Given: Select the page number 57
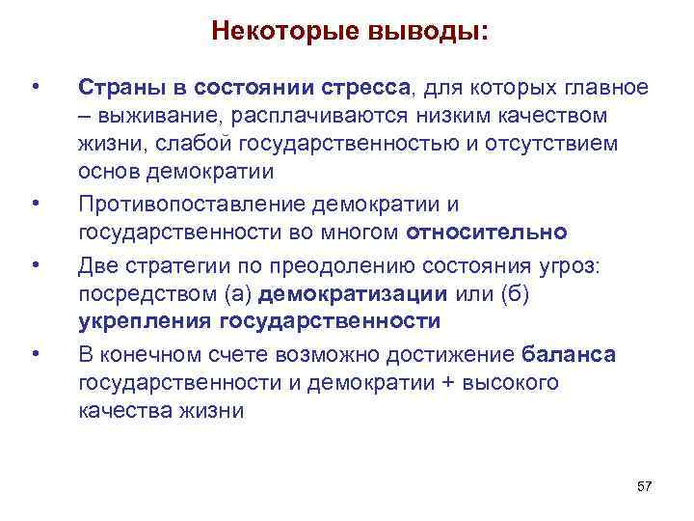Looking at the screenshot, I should click(645, 485).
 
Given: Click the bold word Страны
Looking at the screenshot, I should click(118, 89).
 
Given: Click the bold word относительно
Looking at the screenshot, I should click(488, 233).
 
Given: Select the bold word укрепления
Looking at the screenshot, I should click(144, 321).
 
